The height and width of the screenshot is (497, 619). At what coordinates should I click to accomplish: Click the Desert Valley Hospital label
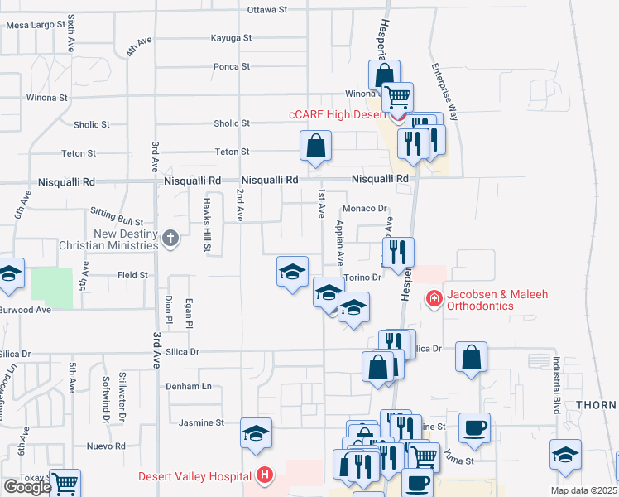195,476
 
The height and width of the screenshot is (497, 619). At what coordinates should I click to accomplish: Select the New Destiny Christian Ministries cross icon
170,239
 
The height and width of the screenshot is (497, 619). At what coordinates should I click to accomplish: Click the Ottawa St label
266,10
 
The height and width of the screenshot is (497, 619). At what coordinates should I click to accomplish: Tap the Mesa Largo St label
36,25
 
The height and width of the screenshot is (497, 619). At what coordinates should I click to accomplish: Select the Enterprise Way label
444,92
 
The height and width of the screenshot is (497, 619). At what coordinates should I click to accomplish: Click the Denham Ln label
189,386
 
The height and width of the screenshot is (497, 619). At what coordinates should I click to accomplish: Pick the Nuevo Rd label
105,446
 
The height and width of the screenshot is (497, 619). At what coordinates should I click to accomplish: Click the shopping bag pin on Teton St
316,147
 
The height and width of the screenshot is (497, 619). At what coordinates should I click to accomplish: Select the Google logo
27,487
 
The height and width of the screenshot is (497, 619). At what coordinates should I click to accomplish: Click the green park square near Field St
51,284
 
